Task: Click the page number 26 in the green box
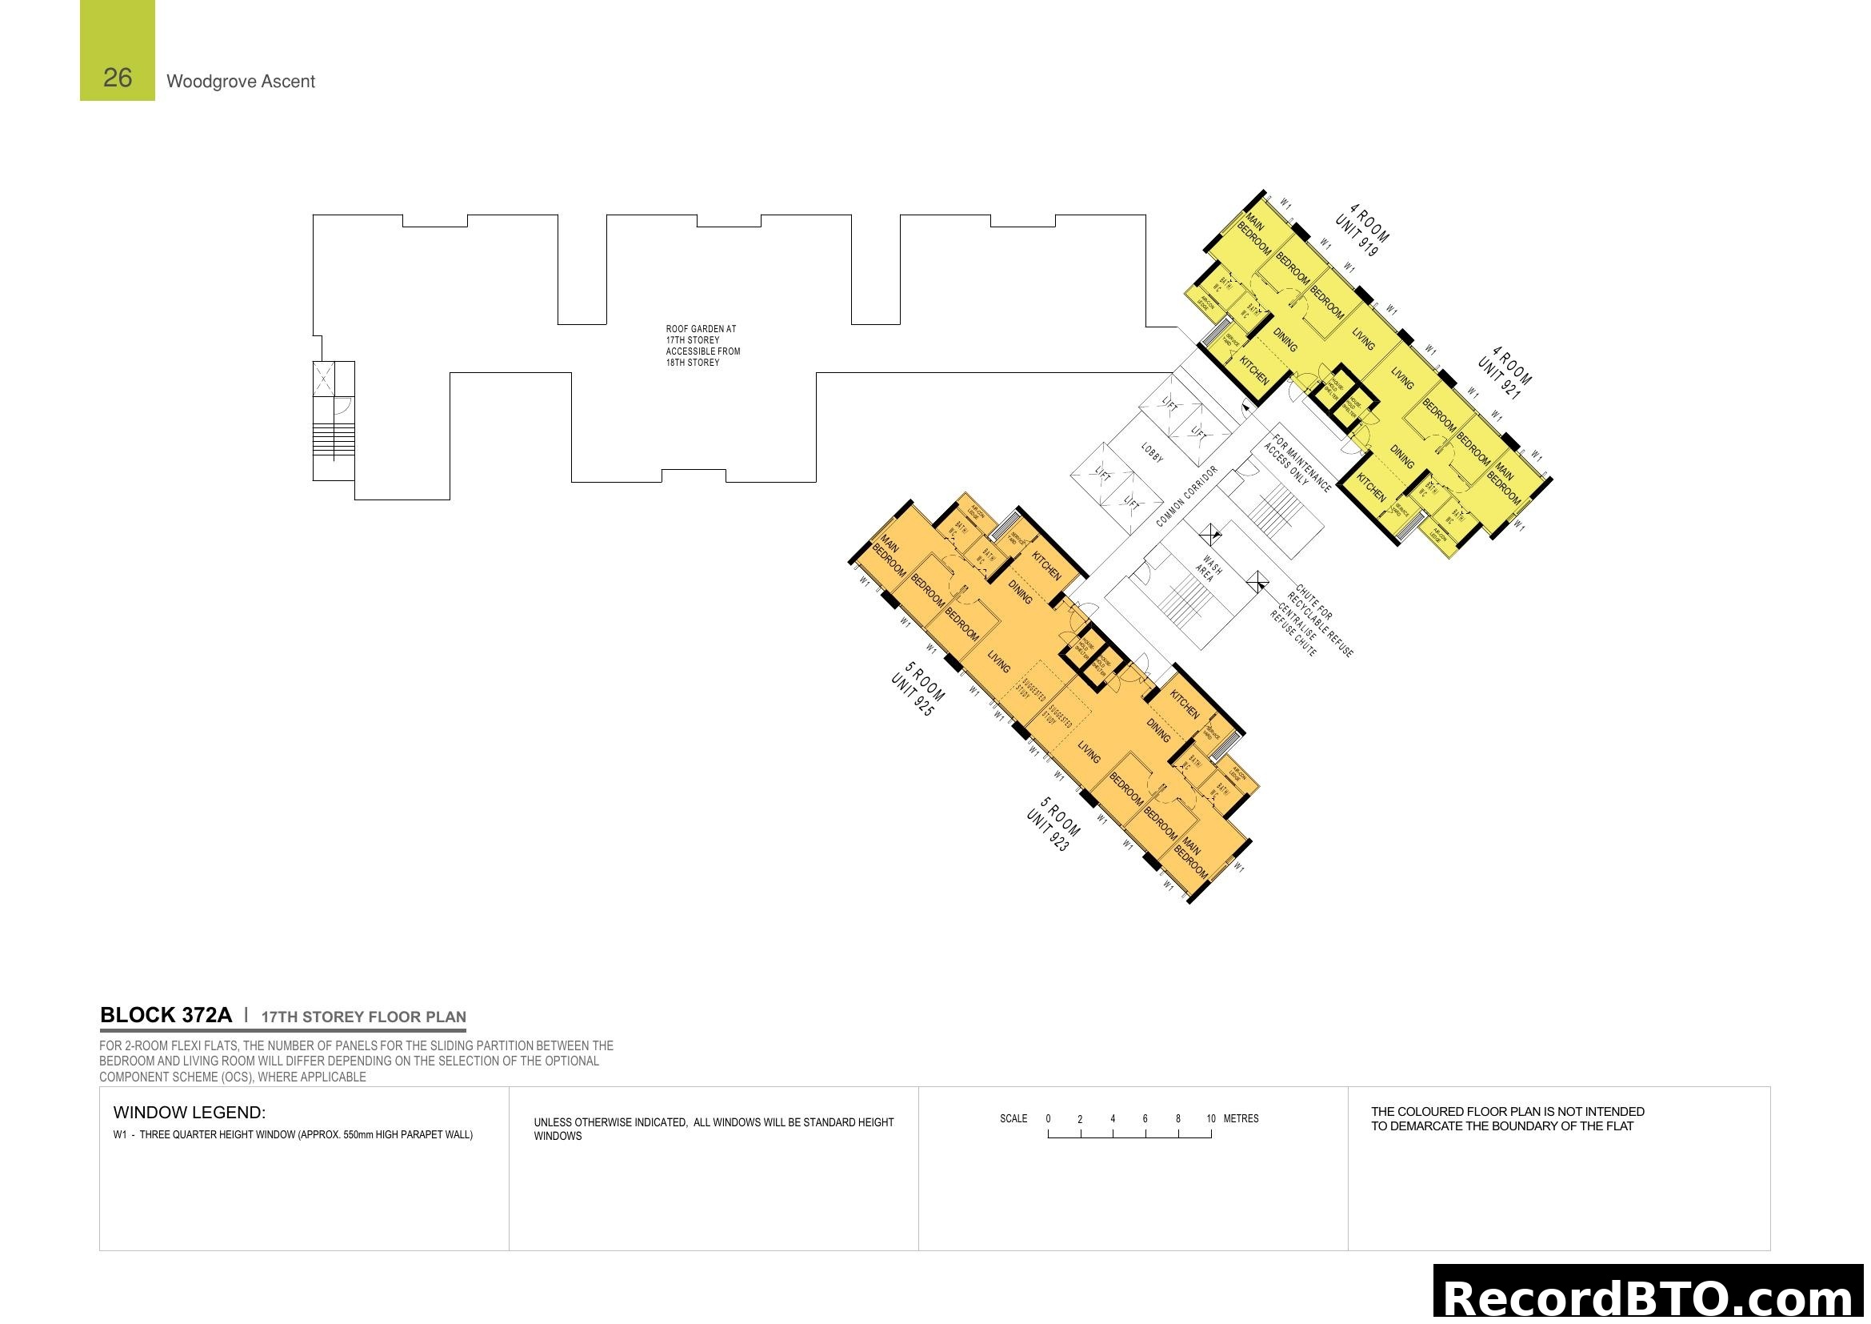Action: [x=118, y=78]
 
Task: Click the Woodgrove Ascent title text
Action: [x=241, y=82]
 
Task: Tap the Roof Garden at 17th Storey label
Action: [x=702, y=346]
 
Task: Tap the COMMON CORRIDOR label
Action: [x=1186, y=496]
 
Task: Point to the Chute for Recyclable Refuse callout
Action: [x=1324, y=620]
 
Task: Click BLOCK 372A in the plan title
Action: [x=166, y=1015]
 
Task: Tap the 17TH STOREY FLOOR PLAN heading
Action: [x=363, y=1017]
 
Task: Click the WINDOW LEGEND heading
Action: [x=189, y=1112]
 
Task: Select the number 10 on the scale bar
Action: [x=1211, y=1118]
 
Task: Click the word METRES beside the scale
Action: [x=1241, y=1118]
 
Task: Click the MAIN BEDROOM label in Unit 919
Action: [x=1254, y=234]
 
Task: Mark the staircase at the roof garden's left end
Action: [x=334, y=441]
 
